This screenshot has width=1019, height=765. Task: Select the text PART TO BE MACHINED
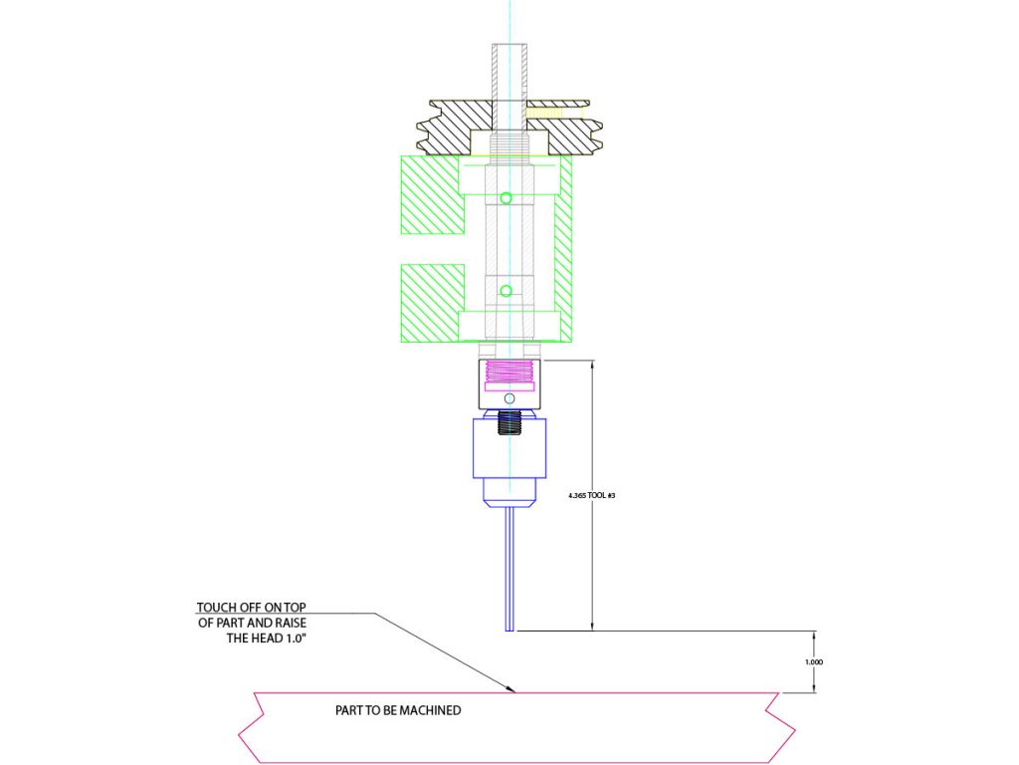click(x=398, y=711)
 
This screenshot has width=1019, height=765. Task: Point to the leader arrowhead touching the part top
click(x=510, y=688)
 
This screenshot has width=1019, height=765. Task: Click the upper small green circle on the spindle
click(x=507, y=198)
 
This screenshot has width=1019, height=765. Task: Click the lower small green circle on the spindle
click(x=507, y=291)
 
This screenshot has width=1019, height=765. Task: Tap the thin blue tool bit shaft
click(x=509, y=568)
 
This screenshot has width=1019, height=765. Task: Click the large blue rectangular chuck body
click(x=509, y=448)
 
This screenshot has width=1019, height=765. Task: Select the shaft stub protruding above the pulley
click(x=509, y=70)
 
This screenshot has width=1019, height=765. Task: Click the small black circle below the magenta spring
click(x=509, y=398)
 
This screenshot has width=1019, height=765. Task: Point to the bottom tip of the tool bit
click(x=509, y=630)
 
